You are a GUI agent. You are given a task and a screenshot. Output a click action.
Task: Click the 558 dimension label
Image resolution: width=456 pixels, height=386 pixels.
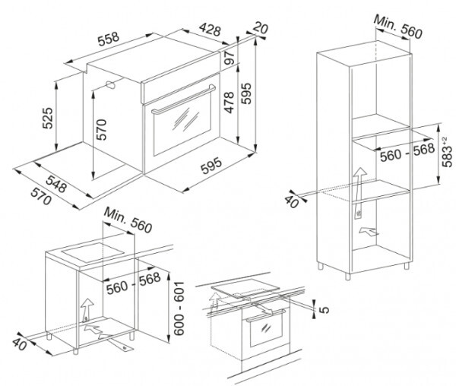[109, 39]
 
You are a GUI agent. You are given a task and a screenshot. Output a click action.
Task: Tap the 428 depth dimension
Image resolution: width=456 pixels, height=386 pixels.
[211, 30]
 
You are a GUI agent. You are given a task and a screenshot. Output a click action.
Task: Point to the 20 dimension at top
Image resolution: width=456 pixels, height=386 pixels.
[260, 28]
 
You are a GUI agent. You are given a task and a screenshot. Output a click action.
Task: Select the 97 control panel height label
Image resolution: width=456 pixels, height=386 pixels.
[230, 58]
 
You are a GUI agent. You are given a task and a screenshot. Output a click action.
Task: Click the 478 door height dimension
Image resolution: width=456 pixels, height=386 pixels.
[230, 103]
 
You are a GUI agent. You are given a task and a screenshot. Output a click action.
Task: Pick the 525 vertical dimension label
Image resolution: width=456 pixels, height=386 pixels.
[48, 118]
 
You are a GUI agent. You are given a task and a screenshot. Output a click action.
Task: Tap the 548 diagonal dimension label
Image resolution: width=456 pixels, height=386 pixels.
[56, 184]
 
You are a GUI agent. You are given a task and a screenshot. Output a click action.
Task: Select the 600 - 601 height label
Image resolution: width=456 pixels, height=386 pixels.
[179, 308]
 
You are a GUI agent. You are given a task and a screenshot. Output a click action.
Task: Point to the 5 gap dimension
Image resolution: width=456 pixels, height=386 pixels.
[325, 309]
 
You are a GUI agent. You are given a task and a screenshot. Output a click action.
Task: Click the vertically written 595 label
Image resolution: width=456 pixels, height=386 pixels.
[246, 93]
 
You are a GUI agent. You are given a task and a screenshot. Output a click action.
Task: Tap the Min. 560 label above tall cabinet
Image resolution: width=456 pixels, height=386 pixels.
[397, 27]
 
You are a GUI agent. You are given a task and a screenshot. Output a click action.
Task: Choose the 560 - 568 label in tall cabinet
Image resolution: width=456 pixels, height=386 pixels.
[407, 153]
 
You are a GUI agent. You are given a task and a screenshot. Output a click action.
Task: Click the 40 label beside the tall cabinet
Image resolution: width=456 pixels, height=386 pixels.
[291, 201]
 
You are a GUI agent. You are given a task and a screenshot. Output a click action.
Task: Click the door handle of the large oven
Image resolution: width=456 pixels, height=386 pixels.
[183, 99]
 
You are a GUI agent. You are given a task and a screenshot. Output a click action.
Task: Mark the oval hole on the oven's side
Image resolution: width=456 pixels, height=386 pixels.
[110, 85]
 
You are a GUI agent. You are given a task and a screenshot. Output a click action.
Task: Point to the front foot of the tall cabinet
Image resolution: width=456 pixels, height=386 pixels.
[348, 276]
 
